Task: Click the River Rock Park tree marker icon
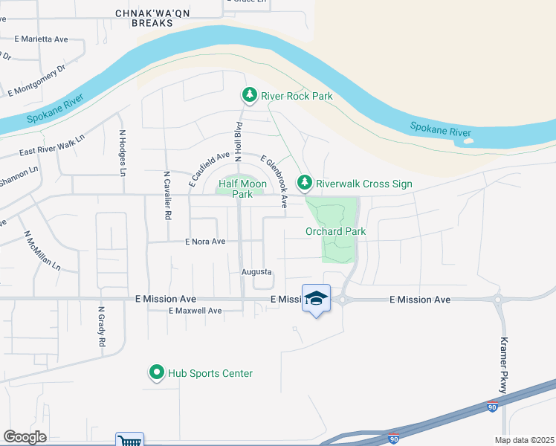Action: (x=250, y=95)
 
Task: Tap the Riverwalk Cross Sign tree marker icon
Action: (x=304, y=183)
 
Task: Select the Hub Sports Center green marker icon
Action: (x=157, y=373)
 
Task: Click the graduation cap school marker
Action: (x=317, y=298)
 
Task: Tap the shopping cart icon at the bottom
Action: (x=130, y=441)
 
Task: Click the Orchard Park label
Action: (x=336, y=231)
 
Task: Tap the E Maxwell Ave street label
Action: (x=195, y=311)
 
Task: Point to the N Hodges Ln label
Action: (x=123, y=153)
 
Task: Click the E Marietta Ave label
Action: (x=41, y=38)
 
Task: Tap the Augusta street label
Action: (x=256, y=273)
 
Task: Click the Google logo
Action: (x=25, y=437)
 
